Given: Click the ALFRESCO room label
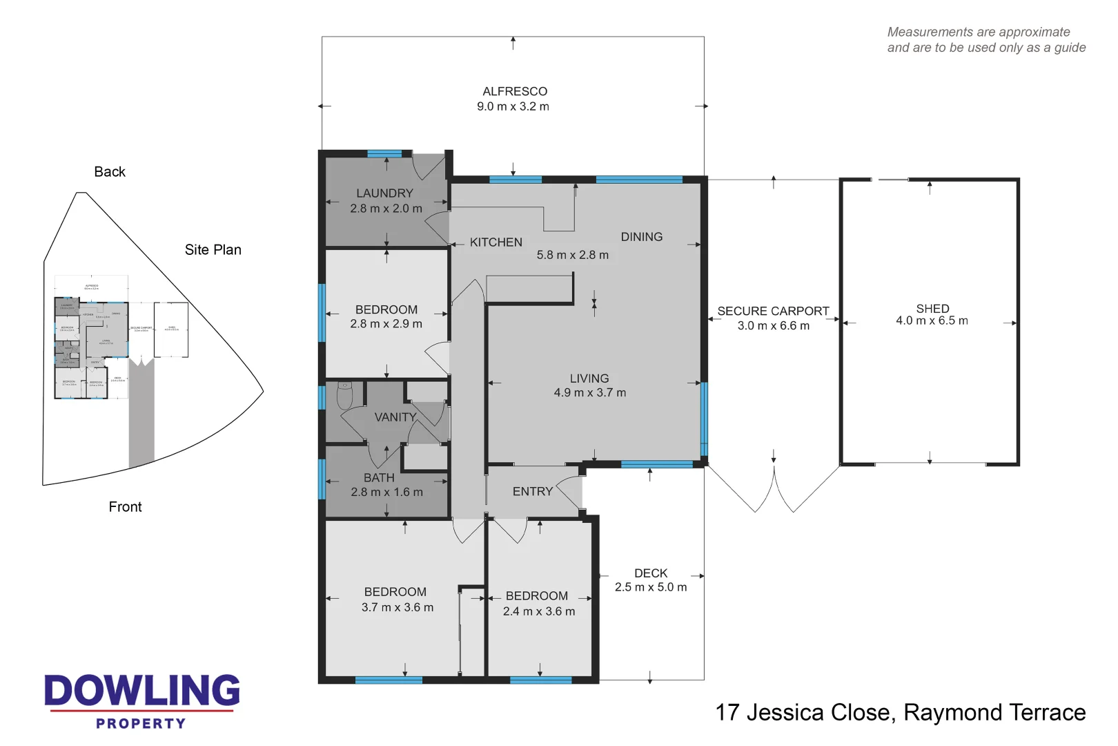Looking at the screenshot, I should coord(514,91).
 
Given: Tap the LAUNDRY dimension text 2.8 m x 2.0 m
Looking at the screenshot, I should coord(386,209).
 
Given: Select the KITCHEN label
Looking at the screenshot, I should coord(496,242).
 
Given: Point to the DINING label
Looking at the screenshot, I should coord(641,237).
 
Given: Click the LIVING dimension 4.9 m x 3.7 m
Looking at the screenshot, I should coord(589,393).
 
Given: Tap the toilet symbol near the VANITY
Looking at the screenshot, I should coord(345,396).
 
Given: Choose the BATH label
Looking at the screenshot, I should coord(379,478).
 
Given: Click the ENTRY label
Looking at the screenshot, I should coord(532,492).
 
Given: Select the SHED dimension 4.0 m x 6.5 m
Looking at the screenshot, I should coord(932,321).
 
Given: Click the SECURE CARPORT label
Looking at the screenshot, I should coord(772,312).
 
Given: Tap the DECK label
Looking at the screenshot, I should coord(650,573).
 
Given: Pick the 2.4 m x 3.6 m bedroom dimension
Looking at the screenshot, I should coord(538,611).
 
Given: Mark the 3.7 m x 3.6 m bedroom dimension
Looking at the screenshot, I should coord(398,608).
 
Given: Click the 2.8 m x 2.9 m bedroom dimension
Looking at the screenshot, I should coord(386,324).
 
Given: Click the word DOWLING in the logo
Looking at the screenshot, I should coord(141,691).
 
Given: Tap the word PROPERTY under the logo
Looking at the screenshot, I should coord(141,724).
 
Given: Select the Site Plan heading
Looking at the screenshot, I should coord(213,250).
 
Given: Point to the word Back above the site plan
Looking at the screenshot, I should coord(110,172).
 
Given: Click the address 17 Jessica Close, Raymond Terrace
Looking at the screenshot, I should coord(900,713).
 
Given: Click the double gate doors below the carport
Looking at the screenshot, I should coord(774,489).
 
